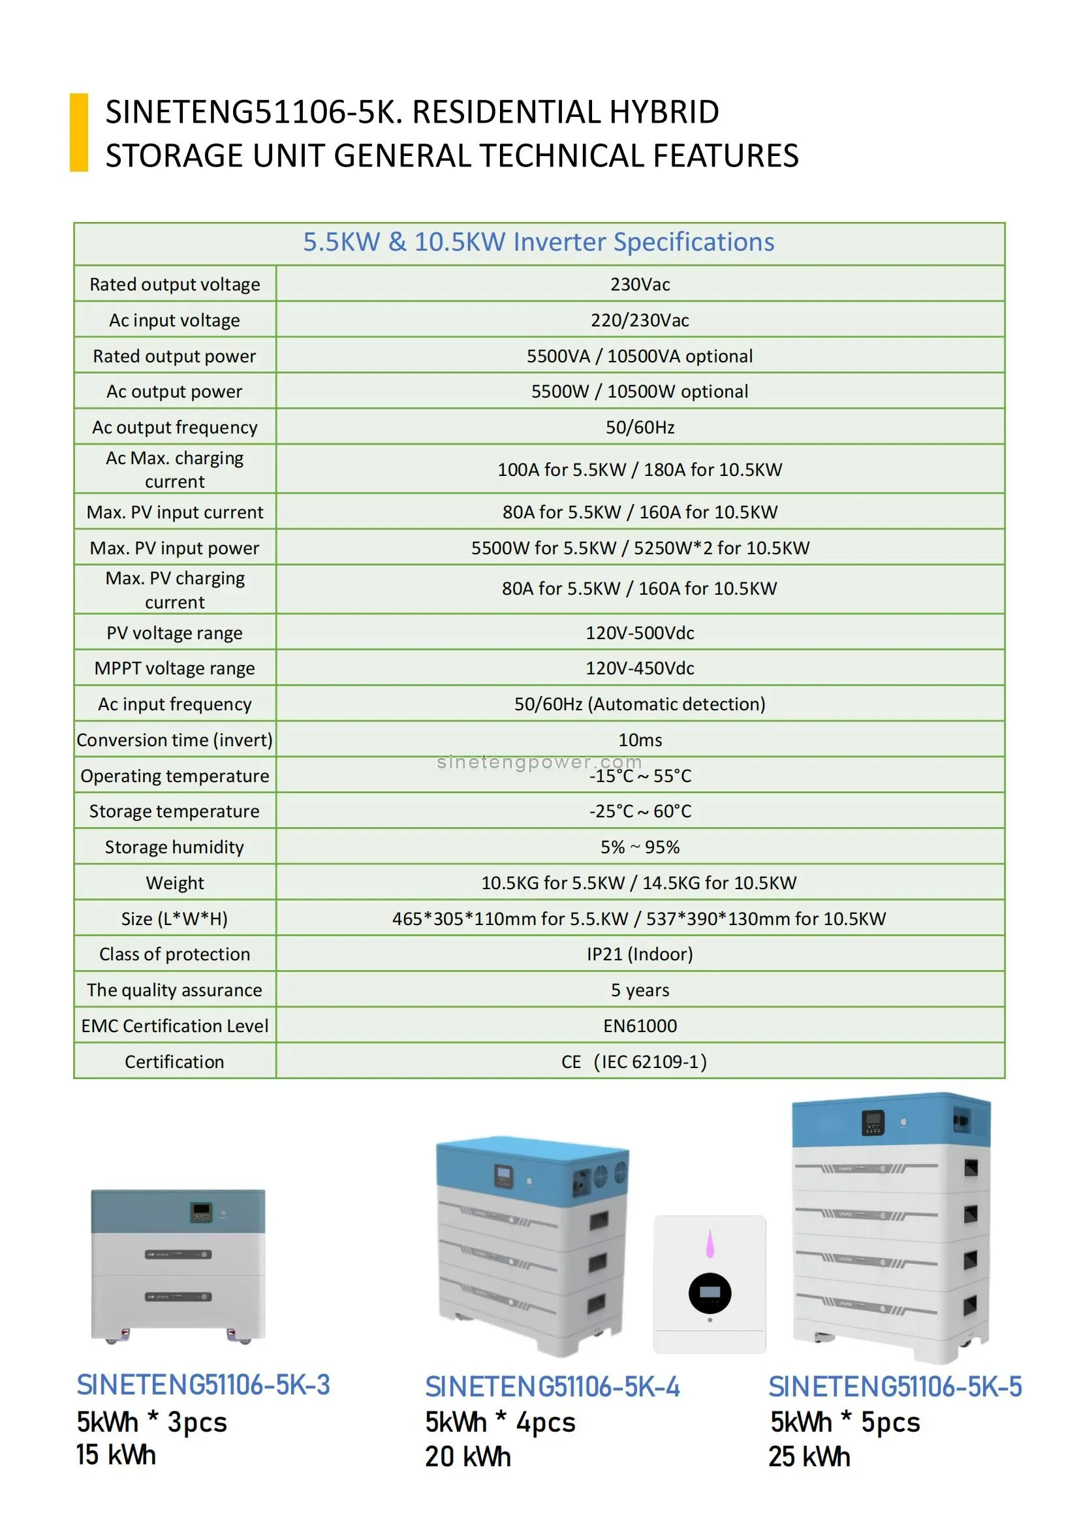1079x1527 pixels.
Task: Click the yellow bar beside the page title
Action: tap(79, 133)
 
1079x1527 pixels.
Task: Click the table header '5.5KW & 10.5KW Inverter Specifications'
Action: tap(539, 242)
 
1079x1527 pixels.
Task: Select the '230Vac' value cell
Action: tap(640, 285)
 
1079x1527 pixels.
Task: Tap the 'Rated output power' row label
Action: tap(174, 356)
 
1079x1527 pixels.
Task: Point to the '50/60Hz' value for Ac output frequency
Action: tap(640, 427)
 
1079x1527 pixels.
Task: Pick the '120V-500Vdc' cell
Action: tap(640, 633)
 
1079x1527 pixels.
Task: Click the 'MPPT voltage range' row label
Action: tap(174, 669)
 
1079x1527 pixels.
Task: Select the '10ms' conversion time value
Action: tap(640, 740)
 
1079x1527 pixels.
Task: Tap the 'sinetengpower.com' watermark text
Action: tap(539, 761)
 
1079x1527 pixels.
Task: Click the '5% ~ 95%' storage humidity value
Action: tap(640, 847)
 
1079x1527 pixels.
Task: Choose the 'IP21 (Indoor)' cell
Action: tap(640, 954)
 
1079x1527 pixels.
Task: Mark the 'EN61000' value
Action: tap(640, 1026)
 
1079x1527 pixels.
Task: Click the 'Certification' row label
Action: tap(174, 1062)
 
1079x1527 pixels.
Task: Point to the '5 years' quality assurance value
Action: tap(640, 990)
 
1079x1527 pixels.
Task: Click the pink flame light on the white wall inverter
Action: tap(710, 1243)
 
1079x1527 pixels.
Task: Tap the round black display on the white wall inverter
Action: tap(710, 1293)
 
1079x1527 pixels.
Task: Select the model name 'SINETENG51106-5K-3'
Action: tap(203, 1385)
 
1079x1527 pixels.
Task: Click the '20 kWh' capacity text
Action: tap(468, 1456)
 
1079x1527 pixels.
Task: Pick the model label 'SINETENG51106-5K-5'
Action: tap(895, 1387)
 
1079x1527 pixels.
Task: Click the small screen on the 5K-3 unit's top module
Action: tap(201, 1211)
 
